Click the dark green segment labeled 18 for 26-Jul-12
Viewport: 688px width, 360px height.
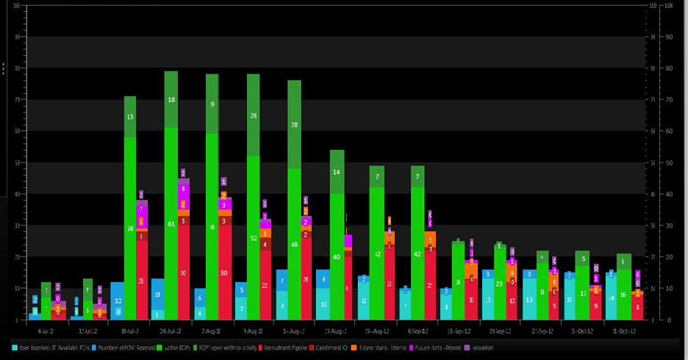pyautogui.click(x=171, y=99)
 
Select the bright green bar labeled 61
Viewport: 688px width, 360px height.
pyautogui.click(x=171, y=223)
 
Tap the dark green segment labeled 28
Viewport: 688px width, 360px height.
pyautogui.click(x=294, y=125)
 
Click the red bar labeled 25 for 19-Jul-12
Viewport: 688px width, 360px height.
pyautogui.click(x=141, y=281)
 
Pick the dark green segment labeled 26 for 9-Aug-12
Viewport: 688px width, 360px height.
pyautogui.click(x=253, y=115)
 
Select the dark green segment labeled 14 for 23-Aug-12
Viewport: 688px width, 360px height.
pyautogui.click(x=337, y=172)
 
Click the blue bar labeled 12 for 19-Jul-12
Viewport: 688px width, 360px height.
pyautogui.click(x=117, y=301)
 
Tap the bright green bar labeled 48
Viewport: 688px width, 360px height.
pyautogui.click(x=294, y=244)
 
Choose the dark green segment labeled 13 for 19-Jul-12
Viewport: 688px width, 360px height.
pyautogui.click(x=130, y=117)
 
